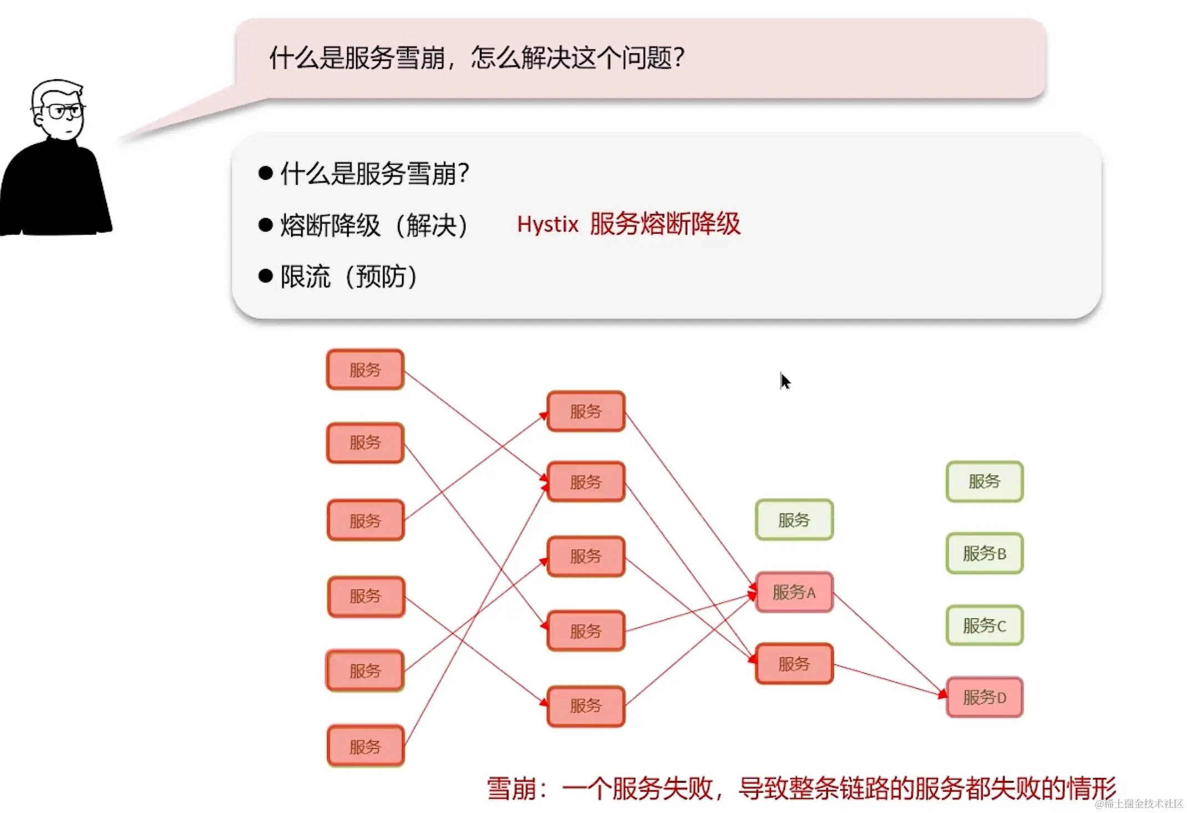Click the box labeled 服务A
(794, 592)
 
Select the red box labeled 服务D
(984, 697)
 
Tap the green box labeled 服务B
(984, 553)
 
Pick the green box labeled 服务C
(984, 626)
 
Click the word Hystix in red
(547, 225)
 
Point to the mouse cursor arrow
(784, 381)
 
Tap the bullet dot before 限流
(266, 276)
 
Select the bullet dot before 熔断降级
(266, 225)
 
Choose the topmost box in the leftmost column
(365, 370)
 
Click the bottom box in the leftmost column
(365, 746)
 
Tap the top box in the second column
(585, 411)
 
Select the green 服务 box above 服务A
(794, 520)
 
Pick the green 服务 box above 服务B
(984, 481)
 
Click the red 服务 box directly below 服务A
(794, 664)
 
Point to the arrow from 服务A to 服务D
(887, 643)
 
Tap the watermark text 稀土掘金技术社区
(1143, 804)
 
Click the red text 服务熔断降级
(664, 225)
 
